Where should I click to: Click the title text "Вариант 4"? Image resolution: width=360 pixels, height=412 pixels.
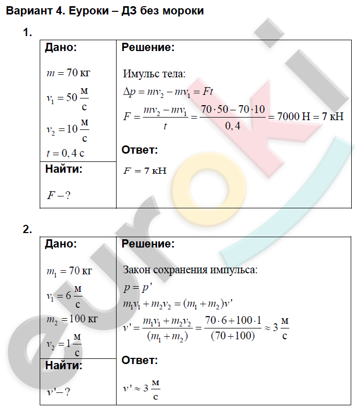(32, 11)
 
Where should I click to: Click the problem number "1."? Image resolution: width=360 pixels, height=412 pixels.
(27, 33)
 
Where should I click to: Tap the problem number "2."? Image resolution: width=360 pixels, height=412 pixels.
(27, 229)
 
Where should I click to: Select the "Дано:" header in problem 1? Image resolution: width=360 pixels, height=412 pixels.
(61, 48)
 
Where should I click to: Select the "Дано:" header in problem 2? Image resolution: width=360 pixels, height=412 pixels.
(61, 244)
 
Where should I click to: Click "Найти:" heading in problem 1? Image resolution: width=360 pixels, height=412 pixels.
(63, 169)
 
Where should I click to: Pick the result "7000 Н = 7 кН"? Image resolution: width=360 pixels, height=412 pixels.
(310, 117)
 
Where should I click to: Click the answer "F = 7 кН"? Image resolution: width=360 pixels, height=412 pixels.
(145, 171)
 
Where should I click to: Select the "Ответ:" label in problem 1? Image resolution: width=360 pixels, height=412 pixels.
(139, 150)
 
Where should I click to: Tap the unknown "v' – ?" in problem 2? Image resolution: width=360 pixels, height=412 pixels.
(58, 392)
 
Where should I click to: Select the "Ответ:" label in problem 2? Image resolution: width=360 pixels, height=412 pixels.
(139, 360)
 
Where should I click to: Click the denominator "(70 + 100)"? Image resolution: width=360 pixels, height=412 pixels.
(233, 336)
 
